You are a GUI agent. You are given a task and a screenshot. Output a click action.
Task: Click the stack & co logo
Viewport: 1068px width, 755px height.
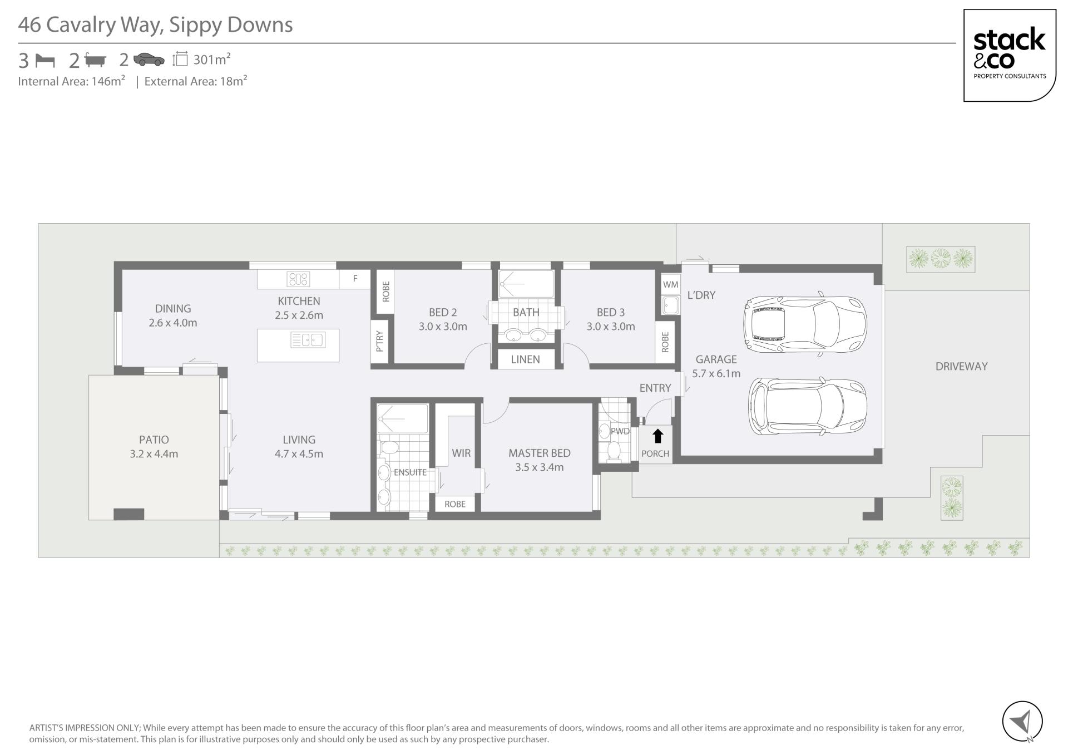(x=1010, y=55)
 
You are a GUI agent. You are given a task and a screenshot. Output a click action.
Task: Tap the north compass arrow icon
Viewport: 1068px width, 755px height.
(x=1022, y=722)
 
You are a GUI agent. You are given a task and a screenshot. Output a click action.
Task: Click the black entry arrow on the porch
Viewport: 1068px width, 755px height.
(x=657, y=436)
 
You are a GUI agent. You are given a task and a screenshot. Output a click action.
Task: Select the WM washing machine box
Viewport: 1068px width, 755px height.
(x=670, y=284)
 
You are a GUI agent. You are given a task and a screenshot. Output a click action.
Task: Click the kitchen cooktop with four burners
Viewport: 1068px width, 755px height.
(x=298, y=279)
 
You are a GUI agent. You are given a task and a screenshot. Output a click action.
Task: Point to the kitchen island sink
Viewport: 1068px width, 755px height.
(x=307, y=339)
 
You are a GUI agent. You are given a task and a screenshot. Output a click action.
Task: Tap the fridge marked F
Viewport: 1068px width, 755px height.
(x=355, y=279)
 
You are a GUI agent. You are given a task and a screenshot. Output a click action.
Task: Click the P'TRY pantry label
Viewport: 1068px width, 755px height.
(x=380, y=341)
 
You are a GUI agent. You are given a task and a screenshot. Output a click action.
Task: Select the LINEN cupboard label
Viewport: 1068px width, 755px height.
(x=525, y=359)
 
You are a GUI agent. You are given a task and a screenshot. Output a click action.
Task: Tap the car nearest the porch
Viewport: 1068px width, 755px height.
(x=807, y=407)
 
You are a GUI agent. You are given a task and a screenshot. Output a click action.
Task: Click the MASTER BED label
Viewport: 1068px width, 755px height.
(x=539, y=453)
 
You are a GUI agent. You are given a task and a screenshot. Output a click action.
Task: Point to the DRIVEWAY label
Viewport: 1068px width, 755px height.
(x=961, y=367)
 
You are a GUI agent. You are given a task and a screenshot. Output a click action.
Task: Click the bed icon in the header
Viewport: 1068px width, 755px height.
(x=45, y=60)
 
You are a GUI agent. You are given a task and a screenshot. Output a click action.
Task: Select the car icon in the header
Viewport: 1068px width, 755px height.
(x=149, y=60)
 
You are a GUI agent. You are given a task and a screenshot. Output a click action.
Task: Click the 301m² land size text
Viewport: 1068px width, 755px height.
(x=212, y=59)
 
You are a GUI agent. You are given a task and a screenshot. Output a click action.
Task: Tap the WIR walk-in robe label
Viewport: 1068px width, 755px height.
(x=461, y=453)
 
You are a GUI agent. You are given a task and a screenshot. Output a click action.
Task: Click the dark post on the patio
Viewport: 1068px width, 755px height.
(x=128, y=514)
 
